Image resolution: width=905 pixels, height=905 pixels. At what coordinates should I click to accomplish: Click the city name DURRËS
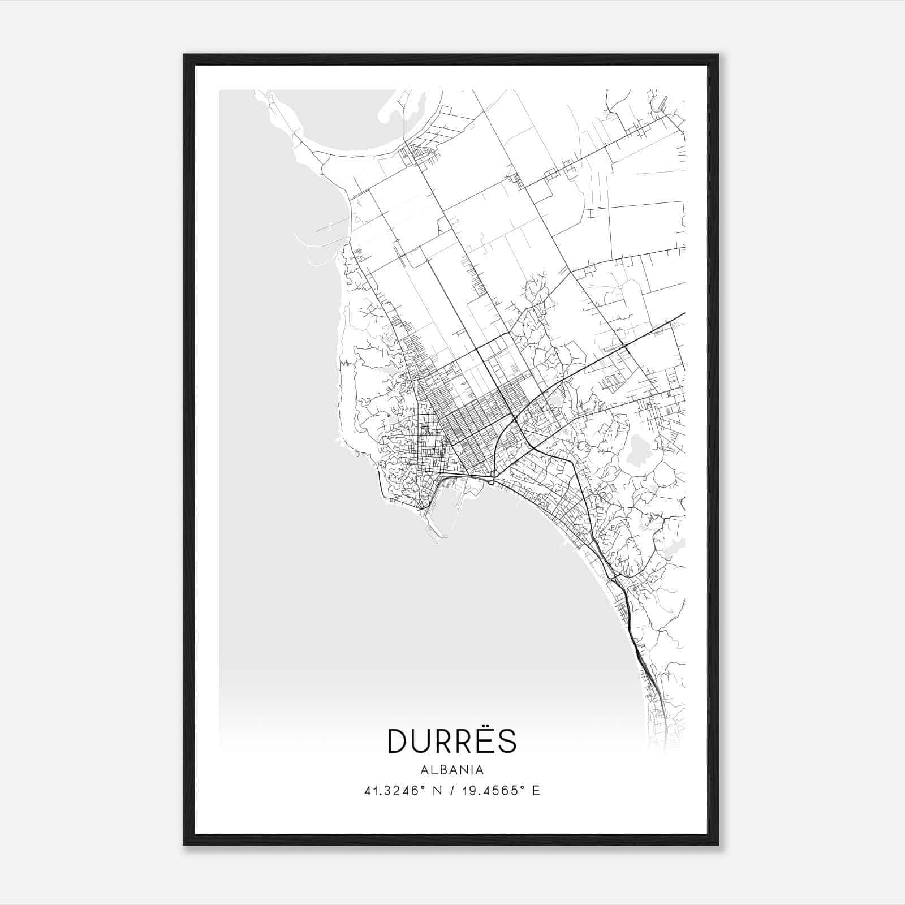[452, 741]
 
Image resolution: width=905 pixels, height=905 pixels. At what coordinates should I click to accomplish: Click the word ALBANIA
[452, 770]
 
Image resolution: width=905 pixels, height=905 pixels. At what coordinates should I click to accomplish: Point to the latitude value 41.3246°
[394, 791]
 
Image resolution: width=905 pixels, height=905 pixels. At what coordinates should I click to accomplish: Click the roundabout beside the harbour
[491, 482]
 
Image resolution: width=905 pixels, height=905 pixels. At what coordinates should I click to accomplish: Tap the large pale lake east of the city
[638, 451]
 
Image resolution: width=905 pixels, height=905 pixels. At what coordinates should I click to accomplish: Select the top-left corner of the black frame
[185, 55]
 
